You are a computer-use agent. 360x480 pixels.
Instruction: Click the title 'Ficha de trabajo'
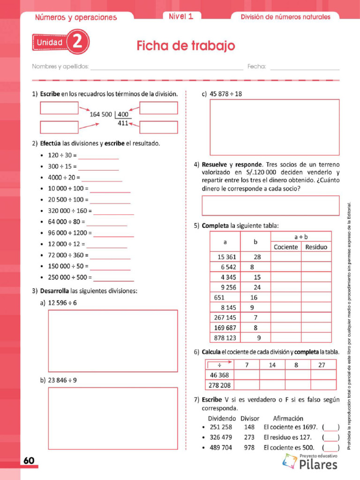(186, 46)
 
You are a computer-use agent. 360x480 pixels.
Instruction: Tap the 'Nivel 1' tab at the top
(181, 16)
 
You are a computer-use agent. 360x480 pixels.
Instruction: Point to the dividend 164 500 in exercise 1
(100, 114)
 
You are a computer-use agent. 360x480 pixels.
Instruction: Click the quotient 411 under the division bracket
(123, 123)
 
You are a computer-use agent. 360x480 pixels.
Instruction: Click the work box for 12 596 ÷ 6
(113, 341)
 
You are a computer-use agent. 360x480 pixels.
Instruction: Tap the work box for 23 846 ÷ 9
(113, 418)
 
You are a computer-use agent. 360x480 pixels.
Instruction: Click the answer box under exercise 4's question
(270, 205)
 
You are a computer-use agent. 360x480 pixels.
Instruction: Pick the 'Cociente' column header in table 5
(285, 247)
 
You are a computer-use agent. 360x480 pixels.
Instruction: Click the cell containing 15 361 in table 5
(225, 257)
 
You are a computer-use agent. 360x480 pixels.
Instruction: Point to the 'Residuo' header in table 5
(316, 247)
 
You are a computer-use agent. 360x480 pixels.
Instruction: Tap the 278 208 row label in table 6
(219, 385)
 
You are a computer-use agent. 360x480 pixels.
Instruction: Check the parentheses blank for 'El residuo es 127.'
(331, 437)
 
